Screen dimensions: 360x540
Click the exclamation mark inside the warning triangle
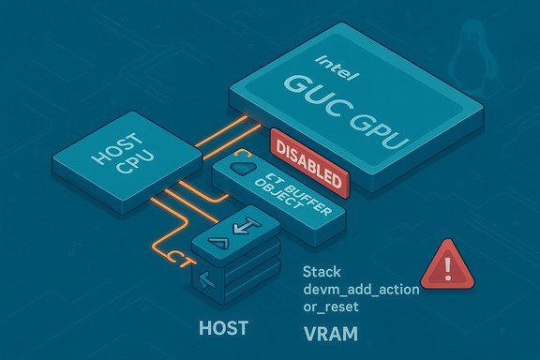tap(445, 269)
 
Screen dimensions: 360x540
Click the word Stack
tap(321, 273)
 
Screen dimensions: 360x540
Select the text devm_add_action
tap(360, 290)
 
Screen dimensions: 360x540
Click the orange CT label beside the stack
tap(178, 255)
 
